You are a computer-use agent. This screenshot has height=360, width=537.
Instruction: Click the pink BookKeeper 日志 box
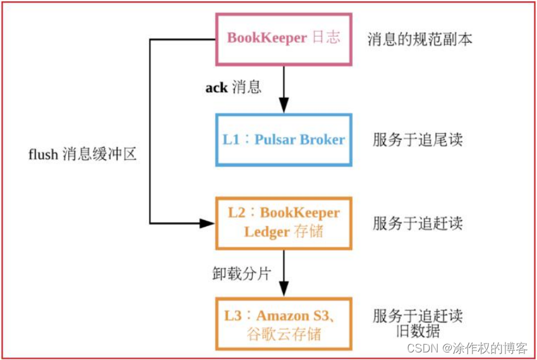(283, 39)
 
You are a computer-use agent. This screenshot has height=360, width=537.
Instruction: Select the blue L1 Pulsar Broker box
(283, 140)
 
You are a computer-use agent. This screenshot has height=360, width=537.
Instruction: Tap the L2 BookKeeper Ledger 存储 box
(283, 222)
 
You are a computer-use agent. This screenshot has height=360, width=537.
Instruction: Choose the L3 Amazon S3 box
(283, 323)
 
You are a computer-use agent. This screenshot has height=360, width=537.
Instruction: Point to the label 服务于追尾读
(418, 140)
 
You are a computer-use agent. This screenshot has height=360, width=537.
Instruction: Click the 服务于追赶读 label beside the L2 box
(418, 223)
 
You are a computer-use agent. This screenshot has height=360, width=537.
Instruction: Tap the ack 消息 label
(233, 88)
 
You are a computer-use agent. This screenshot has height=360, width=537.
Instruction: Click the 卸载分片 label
(241, 273)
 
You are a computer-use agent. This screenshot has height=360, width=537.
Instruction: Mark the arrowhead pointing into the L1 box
(283, 108)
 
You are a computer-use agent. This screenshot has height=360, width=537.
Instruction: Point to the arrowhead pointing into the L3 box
(283, 291)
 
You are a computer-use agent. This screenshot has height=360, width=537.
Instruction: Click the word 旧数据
(418, 332)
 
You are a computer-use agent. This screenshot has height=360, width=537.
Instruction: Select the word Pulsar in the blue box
(275, 140)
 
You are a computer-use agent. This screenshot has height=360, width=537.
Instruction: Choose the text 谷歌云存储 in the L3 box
(283, 334)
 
